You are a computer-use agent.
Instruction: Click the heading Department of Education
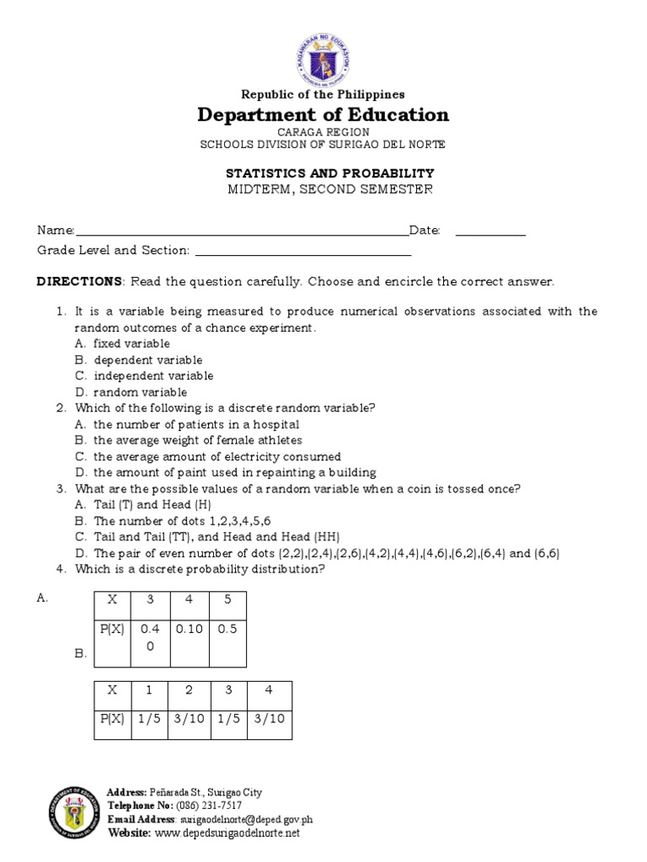(x=323, y=114)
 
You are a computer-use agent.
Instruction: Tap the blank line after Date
(x=490, y=232)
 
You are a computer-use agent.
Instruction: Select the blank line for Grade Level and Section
(x=302, y=252)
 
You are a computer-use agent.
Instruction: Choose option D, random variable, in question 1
(x=140, y=392)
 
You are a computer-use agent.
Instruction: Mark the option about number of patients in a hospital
(x=195, y=424)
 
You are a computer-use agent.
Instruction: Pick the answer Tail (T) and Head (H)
(x=152, y=504)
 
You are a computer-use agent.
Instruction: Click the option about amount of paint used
(x=234, y=472)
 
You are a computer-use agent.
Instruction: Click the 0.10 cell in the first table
(x=189, y=628)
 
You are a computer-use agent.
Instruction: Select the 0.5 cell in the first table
(x=227, y=628)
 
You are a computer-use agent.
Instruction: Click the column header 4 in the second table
(x=268, y=689)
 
